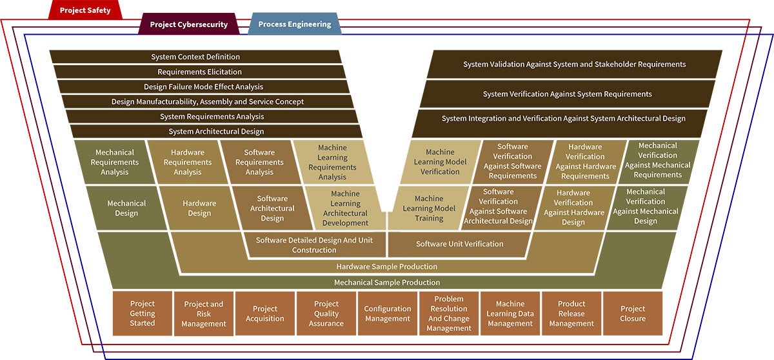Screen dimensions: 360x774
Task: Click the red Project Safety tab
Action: (x=85, y=10)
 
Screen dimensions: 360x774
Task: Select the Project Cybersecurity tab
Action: (x=188, y=25)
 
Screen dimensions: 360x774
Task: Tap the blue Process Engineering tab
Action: (x=294, y=25)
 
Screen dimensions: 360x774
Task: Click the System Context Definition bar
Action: (x=195, y=57)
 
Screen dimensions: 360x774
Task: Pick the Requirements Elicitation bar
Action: (x=199, y=72)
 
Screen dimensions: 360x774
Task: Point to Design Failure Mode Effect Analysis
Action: (x=203, y=86)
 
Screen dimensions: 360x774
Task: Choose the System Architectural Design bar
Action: (x=216, y=131)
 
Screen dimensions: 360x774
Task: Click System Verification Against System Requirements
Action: (x=567, y=94)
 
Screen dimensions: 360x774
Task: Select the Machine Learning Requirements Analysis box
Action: (x=332, y=162)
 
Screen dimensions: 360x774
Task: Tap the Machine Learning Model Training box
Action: (x=429, y=208)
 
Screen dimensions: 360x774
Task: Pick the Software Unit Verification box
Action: (x=459, y=244)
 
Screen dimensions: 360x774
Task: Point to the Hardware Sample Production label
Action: (x=386, y=266)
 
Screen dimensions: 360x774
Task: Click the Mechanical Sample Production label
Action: (x=386, y=283)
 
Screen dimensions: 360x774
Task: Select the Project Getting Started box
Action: (x=143, y=313)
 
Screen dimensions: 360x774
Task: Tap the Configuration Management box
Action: (x=387, y=314)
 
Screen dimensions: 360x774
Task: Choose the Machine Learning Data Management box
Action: (x=510, y=314)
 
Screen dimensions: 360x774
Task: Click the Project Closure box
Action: (x=632, y=314)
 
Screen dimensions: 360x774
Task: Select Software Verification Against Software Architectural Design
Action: (x=498, y=206)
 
